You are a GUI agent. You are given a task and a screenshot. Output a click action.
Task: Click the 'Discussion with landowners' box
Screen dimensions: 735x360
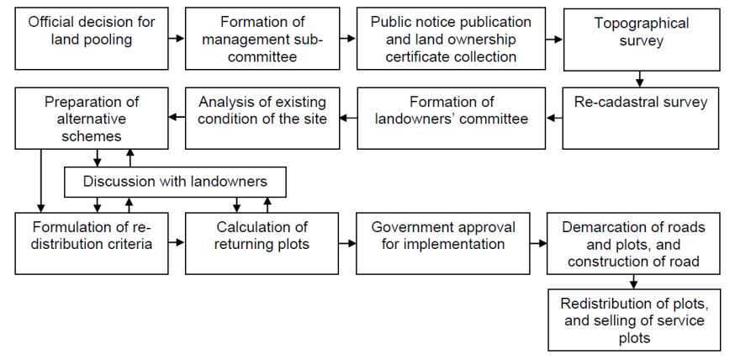click(176, 182)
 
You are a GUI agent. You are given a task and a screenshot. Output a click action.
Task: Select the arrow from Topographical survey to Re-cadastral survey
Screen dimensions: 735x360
click(640, 79)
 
